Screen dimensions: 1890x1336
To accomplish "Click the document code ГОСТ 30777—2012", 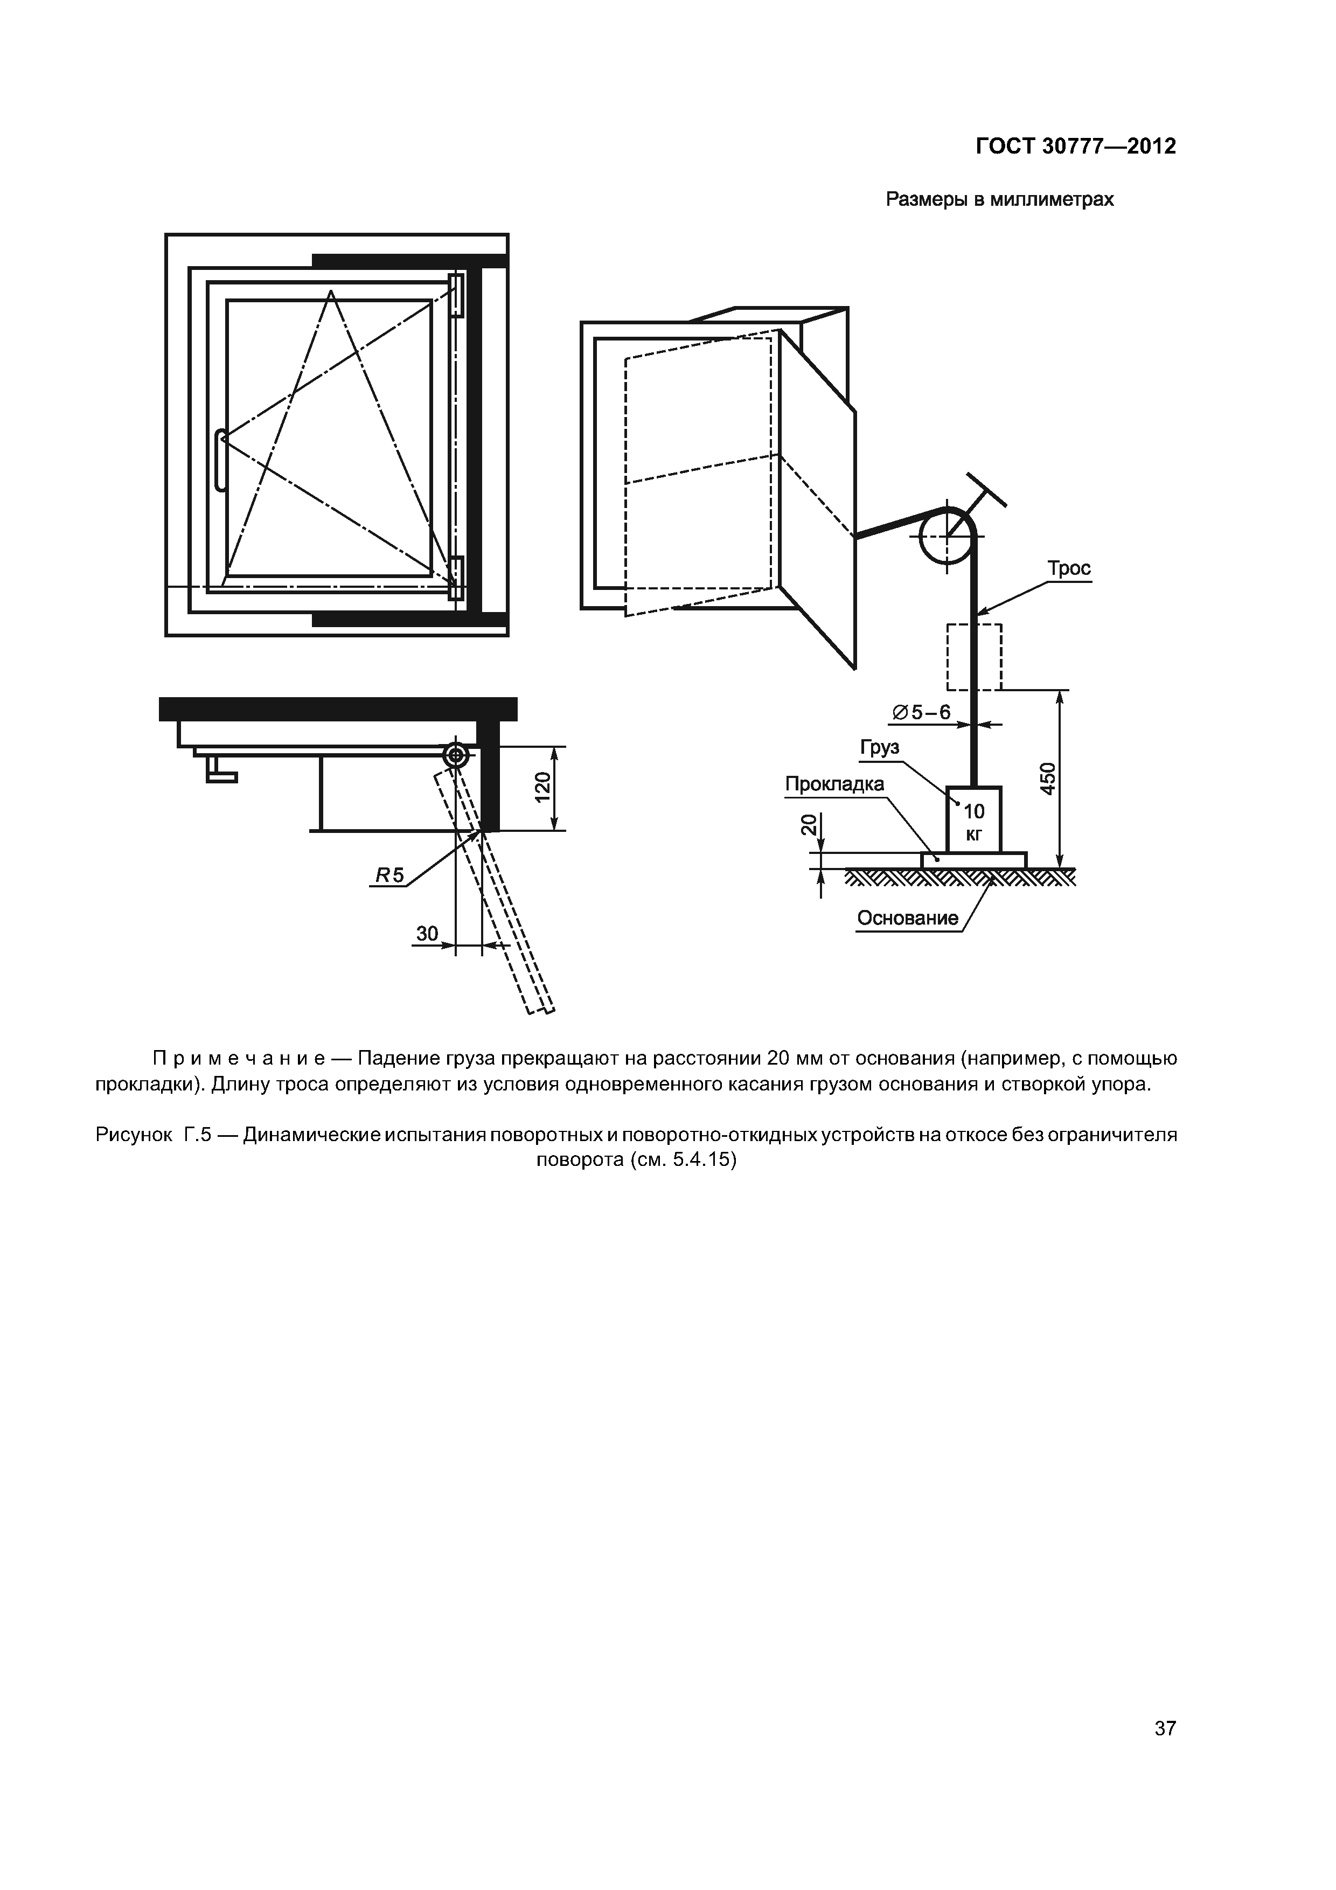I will coord(1075,147).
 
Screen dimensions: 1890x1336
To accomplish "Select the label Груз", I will coord(879,747).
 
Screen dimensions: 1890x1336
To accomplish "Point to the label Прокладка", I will coord(834,784).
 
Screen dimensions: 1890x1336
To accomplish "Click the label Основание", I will coord(907,918).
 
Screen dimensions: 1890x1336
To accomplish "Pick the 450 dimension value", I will coord(1047,779).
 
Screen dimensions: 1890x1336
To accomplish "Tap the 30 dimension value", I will coord(427,934).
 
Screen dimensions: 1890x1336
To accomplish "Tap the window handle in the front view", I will coord(220,461).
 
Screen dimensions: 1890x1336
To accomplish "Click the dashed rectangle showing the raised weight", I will coord(974,657).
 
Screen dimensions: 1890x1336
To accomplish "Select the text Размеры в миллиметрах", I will coord(999,200).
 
